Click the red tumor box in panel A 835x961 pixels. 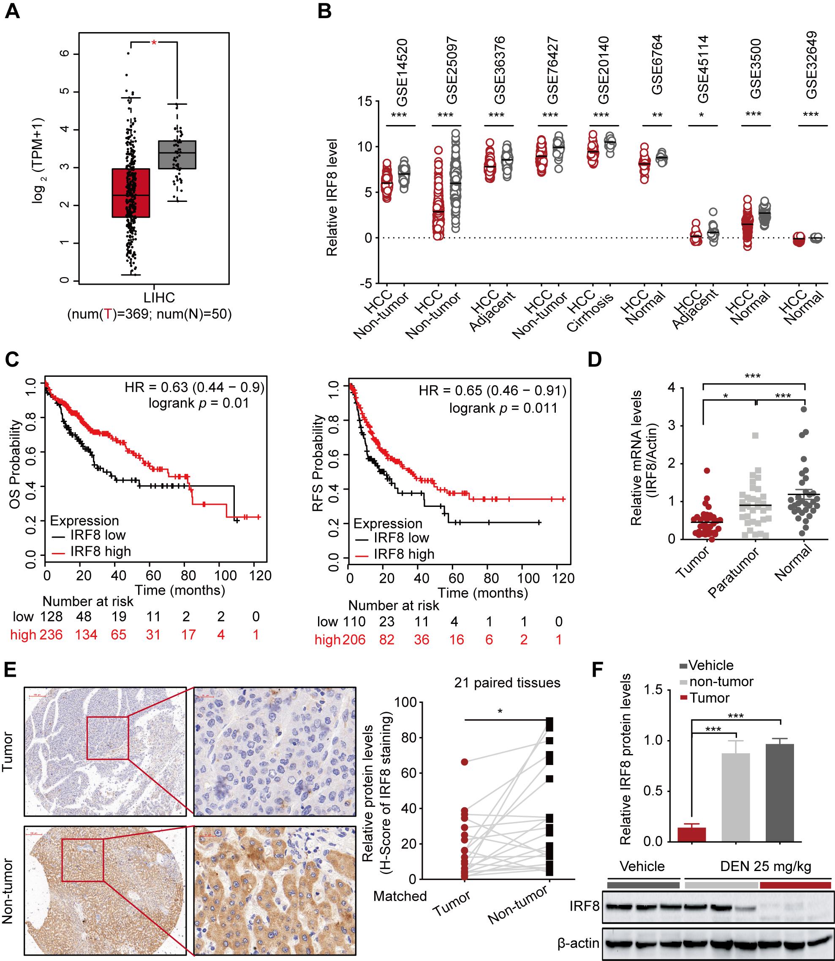point(131,193)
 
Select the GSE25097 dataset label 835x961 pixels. point(452,71)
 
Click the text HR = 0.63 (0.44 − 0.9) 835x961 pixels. point(194,387)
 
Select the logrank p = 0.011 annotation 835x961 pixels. point(503,408)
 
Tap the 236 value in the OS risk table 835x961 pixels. point(50,634)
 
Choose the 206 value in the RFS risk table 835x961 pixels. point(354,640)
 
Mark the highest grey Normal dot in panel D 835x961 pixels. point(804,409)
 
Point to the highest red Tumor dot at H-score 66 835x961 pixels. point(465,762)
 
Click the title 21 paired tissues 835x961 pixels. point(507,683)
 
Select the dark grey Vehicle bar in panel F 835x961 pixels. point(780,792)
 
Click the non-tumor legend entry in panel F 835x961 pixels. point(721,681)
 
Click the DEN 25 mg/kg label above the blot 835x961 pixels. point(766,866)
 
